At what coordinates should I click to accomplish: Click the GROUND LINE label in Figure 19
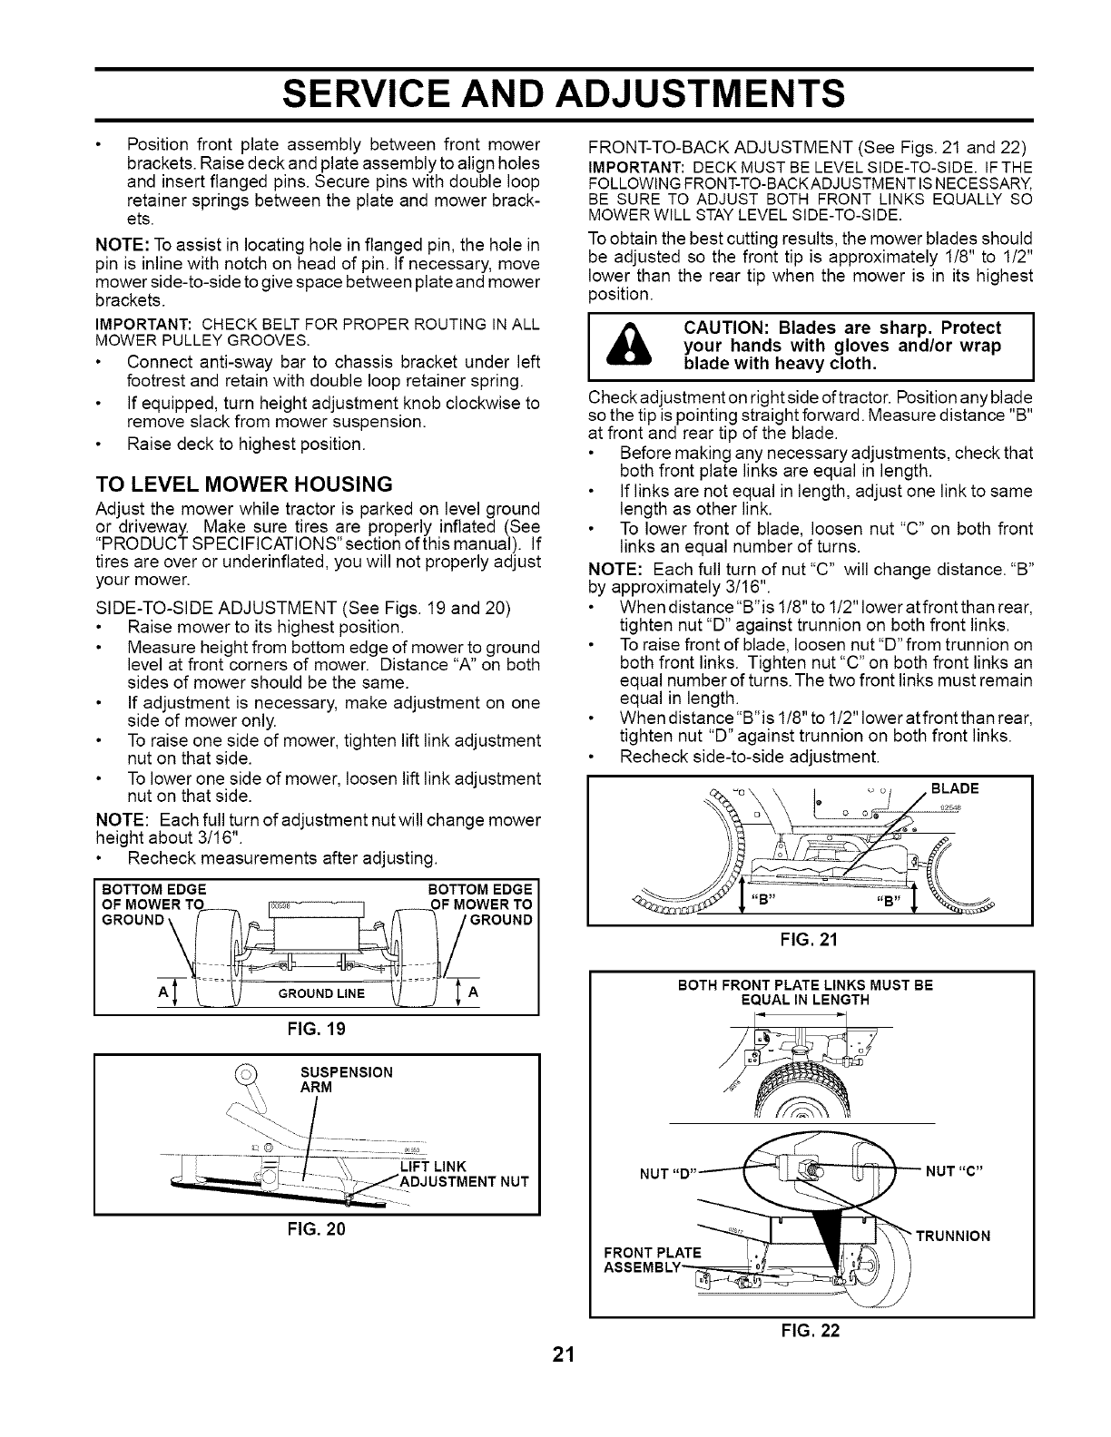(x=321, y=992)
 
